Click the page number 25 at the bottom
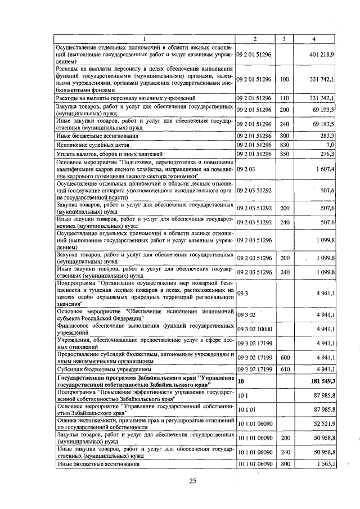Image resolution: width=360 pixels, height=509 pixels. click(192, 480)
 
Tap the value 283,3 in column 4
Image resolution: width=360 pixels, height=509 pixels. click(327, 136)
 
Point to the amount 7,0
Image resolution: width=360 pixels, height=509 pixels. click(330, 145)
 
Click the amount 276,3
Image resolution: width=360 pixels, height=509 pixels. click(327, 154)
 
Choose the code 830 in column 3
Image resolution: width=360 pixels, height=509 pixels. click(284, 145)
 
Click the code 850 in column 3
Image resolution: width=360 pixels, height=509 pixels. click(284, 154)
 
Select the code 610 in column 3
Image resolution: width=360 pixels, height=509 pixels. click(284, 369)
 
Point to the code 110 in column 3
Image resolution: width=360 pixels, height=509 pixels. click(284, 98)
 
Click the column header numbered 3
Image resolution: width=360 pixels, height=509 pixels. click(284, 38)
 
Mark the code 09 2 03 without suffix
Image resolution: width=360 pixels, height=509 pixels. click(246, 169)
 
